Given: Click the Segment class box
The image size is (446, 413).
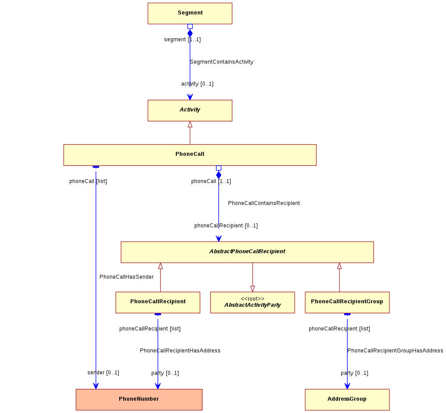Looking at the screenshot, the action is coord(190,13).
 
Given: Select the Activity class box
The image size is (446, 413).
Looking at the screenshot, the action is coord(190,111).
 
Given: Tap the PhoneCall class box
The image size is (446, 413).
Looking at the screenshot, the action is coord(190,155).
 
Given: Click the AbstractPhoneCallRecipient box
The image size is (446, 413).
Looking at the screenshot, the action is coord(247,252).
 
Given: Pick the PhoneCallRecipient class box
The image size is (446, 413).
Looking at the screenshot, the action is coord(158,302).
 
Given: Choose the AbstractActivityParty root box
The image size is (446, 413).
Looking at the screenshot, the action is coord(253,302).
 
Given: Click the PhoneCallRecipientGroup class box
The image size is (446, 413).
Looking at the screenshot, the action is coord(347,302).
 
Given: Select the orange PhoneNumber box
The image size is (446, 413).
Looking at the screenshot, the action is coord(139,400).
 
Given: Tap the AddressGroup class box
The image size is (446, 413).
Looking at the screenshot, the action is coord(347,400).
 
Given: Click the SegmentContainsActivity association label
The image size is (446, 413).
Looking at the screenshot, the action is coord(221,62).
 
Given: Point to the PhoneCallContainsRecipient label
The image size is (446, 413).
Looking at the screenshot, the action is coord(264,203).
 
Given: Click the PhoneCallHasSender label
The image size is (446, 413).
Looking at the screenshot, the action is coord(127,277).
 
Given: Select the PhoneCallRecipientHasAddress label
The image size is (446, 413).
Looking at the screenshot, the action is coord(180,351).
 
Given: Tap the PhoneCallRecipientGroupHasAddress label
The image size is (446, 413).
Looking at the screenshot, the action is coord(395,351).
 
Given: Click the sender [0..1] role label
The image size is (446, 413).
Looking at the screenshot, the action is coord(103,373).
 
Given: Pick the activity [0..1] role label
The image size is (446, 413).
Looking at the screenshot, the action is coord(197,84).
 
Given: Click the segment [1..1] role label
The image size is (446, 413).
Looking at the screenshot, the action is coord(182,40).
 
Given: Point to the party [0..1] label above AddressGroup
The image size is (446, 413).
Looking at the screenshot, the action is coord(354,373).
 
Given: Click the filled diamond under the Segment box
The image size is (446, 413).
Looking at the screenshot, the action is coord(190,33).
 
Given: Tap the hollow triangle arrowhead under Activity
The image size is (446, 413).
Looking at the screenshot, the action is coord(190,124).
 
